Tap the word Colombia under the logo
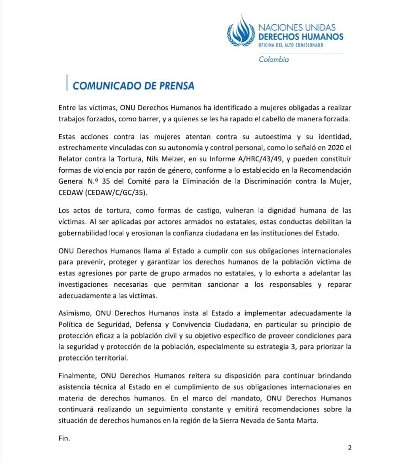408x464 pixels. [274, 59]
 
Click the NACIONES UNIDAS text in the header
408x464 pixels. [297, 27]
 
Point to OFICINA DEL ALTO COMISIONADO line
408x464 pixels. [291, 45]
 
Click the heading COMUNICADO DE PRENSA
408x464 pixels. [133, 86]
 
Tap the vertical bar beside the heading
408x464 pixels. [67, 83]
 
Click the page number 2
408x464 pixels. [350, 448]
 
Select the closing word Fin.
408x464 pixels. [64, 438]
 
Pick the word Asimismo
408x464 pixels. [75, 313]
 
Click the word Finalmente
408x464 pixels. [78, 376]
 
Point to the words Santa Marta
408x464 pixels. [298, 421]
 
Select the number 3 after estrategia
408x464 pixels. [293, 347]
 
